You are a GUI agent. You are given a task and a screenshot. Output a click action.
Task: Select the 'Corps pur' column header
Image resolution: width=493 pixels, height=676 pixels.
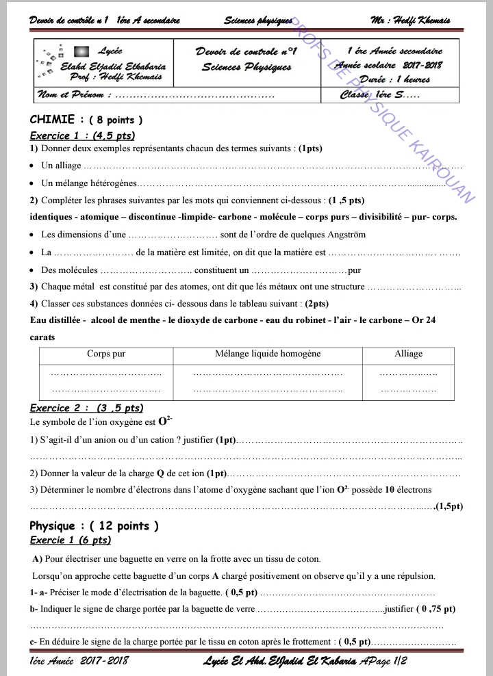coord(106,354)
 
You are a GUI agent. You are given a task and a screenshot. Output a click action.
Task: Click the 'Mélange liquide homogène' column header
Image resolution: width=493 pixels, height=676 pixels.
coord(268,354)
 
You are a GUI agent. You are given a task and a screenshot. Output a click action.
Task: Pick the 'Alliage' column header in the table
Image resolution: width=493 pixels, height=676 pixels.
coord(408,354)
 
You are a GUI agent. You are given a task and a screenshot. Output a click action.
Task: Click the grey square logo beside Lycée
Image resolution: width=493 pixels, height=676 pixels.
coord(80,51)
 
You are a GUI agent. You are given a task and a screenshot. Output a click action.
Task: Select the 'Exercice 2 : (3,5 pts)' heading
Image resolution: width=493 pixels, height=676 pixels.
coord(86,408)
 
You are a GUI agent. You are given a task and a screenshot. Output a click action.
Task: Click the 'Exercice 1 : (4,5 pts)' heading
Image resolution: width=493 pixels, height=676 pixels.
coord(82,135)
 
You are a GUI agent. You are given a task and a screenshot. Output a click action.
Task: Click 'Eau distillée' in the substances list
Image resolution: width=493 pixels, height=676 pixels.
coord(58,320)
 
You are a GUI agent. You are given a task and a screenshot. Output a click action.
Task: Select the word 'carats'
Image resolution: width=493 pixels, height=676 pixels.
coord(43,337)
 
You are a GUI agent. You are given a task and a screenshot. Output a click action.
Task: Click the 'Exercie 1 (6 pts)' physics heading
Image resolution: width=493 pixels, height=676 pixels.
coord(70,541)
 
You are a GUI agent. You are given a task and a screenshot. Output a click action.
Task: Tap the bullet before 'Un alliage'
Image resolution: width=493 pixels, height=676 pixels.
coord(33,166)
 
